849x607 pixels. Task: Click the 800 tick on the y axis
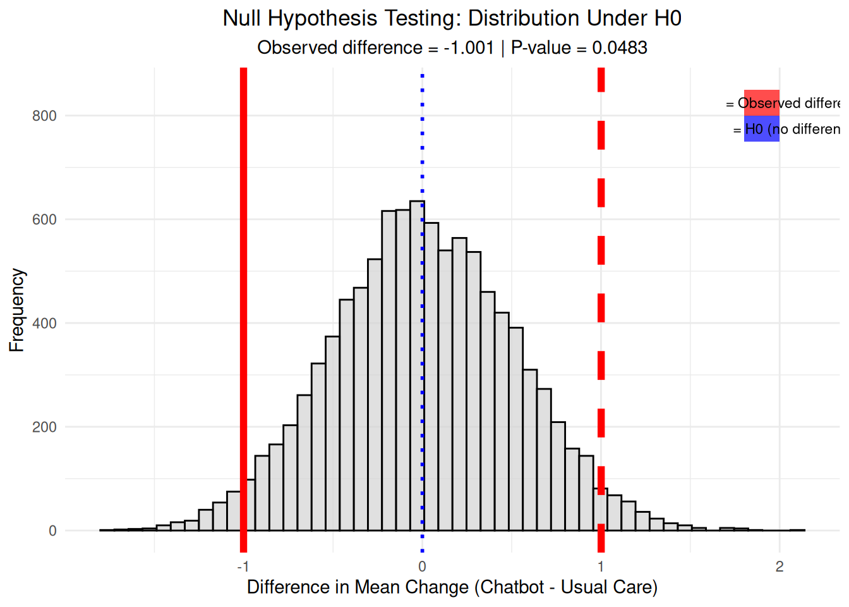click(44, 116)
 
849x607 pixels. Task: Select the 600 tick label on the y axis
click(44, 219)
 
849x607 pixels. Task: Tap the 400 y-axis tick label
click(44, 323)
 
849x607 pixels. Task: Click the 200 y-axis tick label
click(44, 427)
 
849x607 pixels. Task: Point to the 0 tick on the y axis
click(52, 530)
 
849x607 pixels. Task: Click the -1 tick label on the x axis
click(242, 567)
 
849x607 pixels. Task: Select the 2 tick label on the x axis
click(780, 567)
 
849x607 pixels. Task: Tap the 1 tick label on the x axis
click(601, 567)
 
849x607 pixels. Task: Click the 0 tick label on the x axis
click(422, 567)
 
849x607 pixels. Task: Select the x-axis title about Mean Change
click(452, 587)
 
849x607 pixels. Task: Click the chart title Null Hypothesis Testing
click(452, 18)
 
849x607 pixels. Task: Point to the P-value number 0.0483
click(619, 48)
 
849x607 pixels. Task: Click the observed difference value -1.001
click(468, 48)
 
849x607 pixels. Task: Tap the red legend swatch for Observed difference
click(761, 102)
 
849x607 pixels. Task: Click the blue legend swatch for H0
click(761, 129)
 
